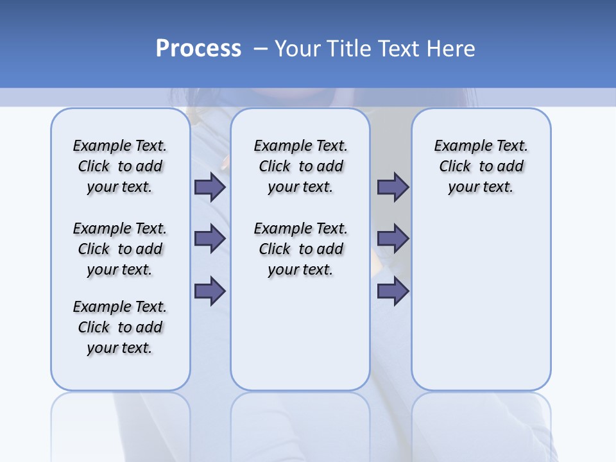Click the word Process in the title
[x=198, y=49]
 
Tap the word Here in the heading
[x=452, y=49]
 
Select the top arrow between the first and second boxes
[x=210, y=187]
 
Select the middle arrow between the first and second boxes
[x=210, y=239]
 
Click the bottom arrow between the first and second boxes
[x=210, y=291]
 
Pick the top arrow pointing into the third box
[x=393, y=187]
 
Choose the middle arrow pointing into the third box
[x=393, y=239]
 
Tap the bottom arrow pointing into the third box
[x=393, y=291]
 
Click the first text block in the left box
[x=120, y=166]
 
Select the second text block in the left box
[x=120, y=249]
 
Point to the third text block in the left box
[x=120, y=327]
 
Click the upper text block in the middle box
[x=300, y=166]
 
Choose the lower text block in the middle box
[x=300, y=249]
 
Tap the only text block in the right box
[x=481, y=166]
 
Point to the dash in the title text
[x=261, y=49]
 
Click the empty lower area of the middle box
[x=300, y=334]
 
